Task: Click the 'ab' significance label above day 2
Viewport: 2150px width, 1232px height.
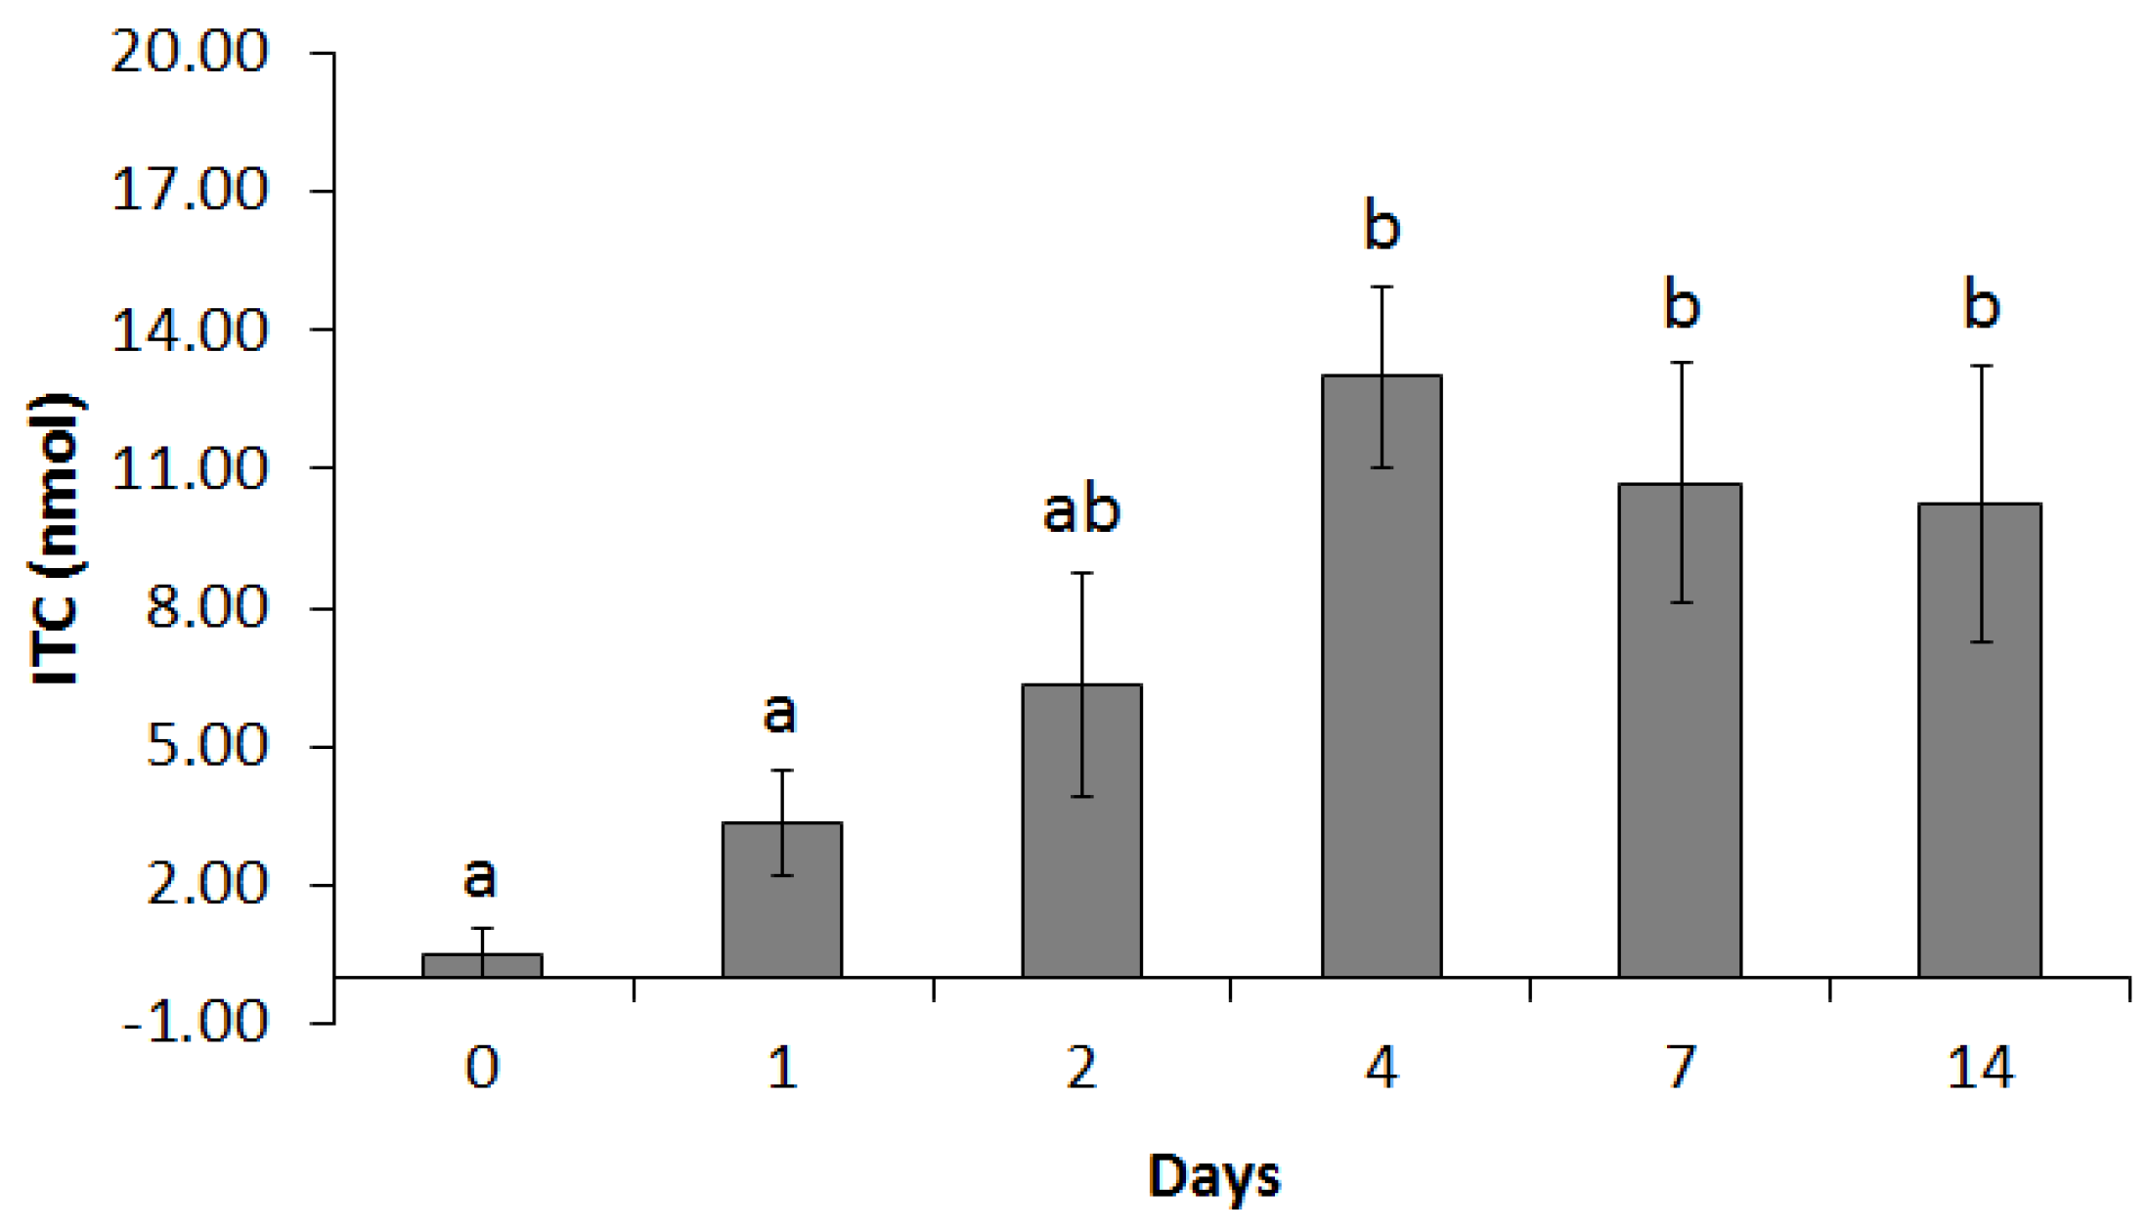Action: tap(1081, 510)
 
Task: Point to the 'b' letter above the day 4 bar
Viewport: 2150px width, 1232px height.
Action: tap(1382, 226)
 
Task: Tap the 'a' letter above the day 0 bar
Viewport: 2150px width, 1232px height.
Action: tap(480, 877)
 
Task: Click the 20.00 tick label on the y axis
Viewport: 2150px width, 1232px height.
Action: tap(189, 52)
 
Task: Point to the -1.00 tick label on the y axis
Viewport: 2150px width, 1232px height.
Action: tap(196, 1023)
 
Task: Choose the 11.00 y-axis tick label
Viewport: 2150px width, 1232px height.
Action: tap(189, 469)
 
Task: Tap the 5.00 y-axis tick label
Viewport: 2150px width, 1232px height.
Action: tap(206, 747)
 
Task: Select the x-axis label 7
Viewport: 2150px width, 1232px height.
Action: tap(1681, 1068)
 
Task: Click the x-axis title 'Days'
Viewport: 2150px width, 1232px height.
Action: tap(1213, 1176)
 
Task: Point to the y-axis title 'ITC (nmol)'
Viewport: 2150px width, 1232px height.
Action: tap(56, 540)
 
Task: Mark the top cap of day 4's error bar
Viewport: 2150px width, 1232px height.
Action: tap(1382, 286)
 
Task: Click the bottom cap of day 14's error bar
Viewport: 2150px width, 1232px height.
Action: tap(1981, 641)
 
